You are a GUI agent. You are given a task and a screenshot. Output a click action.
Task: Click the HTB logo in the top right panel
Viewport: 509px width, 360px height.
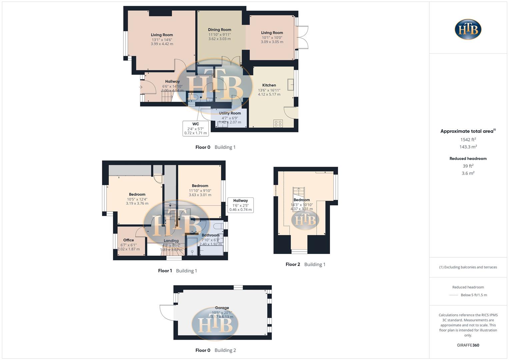tap(468, 29)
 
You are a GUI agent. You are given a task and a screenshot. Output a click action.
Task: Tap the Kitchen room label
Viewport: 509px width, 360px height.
tap(269, 85)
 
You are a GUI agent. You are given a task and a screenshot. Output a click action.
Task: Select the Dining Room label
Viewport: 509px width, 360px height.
tap(219, 30)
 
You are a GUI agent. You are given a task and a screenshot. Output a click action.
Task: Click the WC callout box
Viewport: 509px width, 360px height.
tap(196, 128)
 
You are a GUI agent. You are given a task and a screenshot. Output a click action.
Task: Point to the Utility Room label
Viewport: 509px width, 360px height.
tap(230, 113)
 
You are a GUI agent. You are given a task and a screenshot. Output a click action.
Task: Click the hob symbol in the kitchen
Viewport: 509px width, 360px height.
tap(278, 123)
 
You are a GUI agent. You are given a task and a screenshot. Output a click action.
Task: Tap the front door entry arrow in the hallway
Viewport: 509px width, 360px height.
tap(141, 87)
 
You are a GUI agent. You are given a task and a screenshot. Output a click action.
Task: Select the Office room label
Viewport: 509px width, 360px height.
tap(128, 240)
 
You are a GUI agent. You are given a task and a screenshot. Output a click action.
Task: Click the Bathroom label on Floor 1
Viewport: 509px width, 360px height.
tap(210, 235)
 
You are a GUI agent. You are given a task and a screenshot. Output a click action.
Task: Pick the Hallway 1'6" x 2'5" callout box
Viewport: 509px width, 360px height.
tap(240, 205)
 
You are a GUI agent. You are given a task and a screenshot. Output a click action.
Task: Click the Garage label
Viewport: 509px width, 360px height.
tap(222, 308)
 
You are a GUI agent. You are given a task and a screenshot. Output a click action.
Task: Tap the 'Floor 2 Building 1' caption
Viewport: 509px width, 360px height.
tap(305, 264)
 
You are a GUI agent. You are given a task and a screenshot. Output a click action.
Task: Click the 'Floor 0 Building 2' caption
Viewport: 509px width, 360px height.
tap(215, 350)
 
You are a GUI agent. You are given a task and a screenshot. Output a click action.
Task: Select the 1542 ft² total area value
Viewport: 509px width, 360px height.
tap(468, 140)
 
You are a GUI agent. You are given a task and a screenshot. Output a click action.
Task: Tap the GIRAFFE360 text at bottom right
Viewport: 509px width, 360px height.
tap(468, 345)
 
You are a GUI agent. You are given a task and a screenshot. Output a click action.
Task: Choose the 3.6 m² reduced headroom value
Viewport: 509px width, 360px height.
tap(468, 173)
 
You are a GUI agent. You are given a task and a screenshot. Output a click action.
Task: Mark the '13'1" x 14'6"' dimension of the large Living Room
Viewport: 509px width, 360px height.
tap(162, 40)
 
